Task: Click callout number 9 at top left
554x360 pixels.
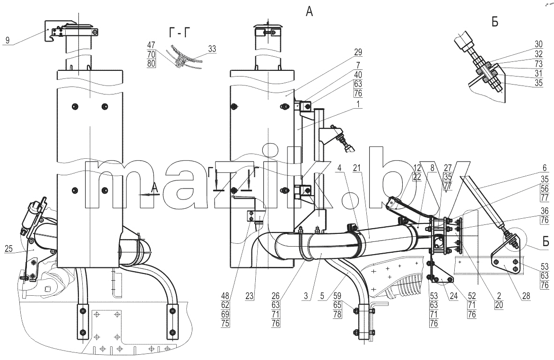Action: point(8,40)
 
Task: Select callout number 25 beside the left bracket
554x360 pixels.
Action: point(9,249)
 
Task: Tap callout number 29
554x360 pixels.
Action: point(358,52)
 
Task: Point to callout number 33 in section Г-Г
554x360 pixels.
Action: point(212,49)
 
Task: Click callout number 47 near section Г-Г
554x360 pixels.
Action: point(151,45)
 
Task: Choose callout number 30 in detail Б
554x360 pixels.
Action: point(538,44)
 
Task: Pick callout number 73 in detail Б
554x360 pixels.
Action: point(538,64)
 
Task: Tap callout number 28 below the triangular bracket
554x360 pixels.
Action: point(526,296)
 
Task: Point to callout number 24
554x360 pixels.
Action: point(454,296)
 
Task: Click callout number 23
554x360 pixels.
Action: point(250,296)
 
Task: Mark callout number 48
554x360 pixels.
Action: point(225,296)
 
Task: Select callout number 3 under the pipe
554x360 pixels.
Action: point(306,296)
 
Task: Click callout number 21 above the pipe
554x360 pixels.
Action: point(357,168)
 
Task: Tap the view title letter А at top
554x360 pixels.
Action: point(309,12)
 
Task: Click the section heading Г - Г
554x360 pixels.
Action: point(180,33)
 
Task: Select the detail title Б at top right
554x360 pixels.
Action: point(495,22)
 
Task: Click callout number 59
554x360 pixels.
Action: point(338,296)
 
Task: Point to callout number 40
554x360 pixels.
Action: point(358,75)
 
